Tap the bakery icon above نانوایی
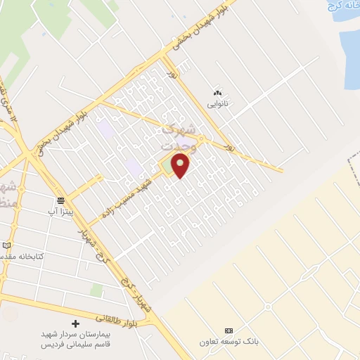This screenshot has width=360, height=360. point(217,92)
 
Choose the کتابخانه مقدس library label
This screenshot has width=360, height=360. point(25,257)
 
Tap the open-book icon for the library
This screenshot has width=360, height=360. point(7,245)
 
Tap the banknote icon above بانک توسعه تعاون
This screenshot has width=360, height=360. point(229,330)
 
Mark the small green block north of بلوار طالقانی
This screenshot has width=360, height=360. point(96,290)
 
